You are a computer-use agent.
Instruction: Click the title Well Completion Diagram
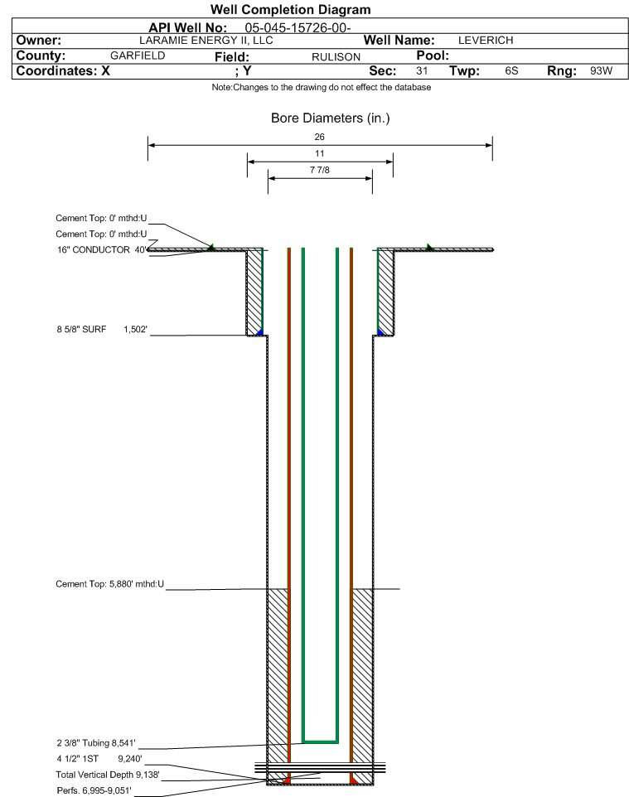290,10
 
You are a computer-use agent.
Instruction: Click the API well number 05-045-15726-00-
298,28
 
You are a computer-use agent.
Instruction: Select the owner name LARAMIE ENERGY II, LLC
206,41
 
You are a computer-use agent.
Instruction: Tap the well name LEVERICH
486,41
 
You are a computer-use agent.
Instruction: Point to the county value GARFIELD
138,56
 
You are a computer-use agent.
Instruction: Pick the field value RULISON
336,57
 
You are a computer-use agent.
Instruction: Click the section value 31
422,70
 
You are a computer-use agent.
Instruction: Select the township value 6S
511,70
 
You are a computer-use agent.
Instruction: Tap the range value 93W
601,70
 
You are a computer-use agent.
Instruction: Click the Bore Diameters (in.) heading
331,118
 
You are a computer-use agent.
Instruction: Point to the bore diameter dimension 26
319,137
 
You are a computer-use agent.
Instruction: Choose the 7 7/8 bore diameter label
320,170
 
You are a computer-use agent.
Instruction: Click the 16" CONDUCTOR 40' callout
102,249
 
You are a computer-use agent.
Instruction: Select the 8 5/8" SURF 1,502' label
102,330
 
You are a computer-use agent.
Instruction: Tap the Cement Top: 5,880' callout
110,584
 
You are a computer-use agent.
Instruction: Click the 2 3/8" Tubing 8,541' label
96,743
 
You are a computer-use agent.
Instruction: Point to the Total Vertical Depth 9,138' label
108,775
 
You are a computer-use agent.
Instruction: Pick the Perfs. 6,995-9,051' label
94,790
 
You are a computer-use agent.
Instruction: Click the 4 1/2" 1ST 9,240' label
99,759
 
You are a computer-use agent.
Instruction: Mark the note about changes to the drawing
322,88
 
